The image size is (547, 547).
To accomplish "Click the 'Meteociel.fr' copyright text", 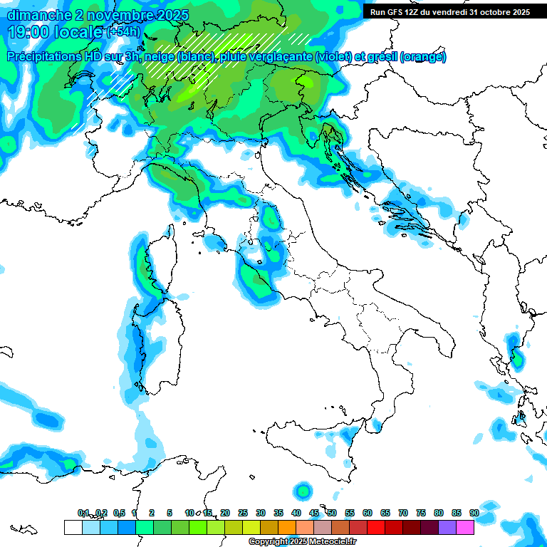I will (x=324, y=542).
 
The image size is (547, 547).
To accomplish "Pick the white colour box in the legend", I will (x=73, y=527).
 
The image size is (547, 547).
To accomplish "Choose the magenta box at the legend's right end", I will (x=464, y=527).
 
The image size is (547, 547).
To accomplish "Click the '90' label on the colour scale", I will (x=474, y=513).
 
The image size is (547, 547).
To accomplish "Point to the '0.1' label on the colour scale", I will (x=83, y=513).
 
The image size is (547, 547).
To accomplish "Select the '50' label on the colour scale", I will (x=332, y=513).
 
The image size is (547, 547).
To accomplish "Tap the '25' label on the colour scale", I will (x=243, y=513).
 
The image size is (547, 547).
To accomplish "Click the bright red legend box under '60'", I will (x=375, y=527).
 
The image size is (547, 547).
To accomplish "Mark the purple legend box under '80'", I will (x=447, y=527).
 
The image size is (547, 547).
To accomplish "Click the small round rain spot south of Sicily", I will (x=303, y=491).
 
